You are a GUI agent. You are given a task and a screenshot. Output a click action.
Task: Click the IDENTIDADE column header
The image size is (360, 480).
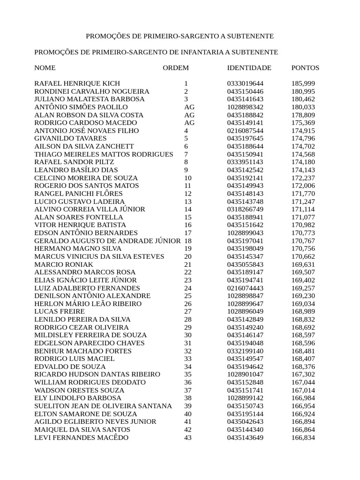tap(249, 68)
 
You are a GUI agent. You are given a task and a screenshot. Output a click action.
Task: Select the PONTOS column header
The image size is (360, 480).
tap(305, 68)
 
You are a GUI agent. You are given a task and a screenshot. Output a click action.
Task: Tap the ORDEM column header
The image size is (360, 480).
tap(176, 68)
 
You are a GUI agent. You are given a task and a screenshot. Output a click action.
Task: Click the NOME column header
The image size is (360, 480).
tap(45, 68)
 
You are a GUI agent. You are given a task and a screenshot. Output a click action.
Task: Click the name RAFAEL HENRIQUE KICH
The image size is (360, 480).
tap(77, 83)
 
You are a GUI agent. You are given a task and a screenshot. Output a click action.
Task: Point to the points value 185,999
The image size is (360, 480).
tap(303, 83)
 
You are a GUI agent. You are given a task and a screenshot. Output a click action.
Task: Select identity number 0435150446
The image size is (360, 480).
tap(245, 91)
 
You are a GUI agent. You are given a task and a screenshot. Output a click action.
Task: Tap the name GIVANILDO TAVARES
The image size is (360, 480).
tap(71, 139)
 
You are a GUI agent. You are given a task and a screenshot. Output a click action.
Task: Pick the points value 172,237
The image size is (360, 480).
tap(303, 178)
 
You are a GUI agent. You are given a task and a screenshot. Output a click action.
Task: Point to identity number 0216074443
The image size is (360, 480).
tap(245, 288)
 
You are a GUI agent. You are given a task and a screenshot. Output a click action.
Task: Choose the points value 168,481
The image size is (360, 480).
tap(303, 351)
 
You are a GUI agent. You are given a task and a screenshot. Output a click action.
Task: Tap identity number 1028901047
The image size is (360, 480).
tap(245, 375)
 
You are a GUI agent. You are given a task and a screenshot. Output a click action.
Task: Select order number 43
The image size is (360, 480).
tap(188, 437)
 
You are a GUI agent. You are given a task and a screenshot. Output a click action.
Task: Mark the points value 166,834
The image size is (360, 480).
tap(303, 437)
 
